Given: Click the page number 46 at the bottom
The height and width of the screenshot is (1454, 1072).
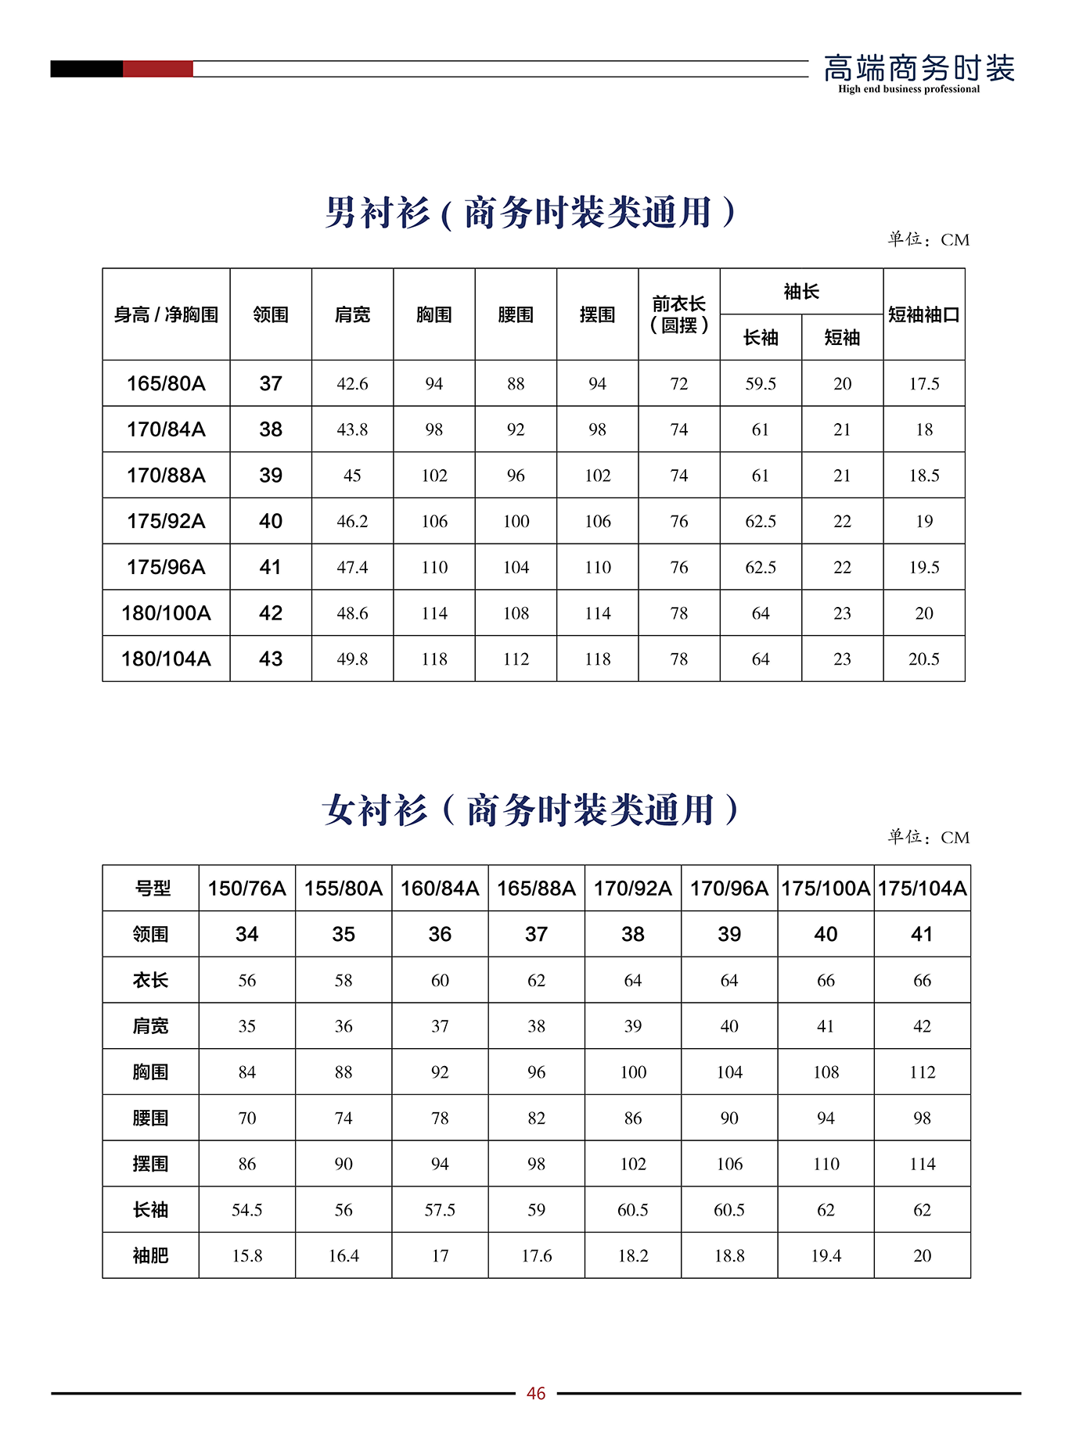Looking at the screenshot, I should [x=536, y=1393].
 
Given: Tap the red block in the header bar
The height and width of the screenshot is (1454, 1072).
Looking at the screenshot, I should [x=157, y=69].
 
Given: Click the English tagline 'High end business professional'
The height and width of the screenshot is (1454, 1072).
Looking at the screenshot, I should [x=908, y=89].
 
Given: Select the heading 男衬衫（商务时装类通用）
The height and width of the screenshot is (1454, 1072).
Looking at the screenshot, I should [x=531, y=213].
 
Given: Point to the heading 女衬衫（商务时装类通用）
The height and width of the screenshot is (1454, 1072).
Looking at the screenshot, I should [x=531, y=810].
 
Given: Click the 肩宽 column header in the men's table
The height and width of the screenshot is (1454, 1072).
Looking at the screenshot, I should [x=352, y=314].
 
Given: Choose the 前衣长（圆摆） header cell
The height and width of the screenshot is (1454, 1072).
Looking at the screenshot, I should [x=678, y=314].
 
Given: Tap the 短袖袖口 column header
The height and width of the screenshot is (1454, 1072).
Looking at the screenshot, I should [x=923, y=314].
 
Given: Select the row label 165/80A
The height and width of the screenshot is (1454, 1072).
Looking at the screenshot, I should [x=166, y=383].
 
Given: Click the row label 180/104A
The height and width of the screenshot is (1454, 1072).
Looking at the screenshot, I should [x=166, y=659].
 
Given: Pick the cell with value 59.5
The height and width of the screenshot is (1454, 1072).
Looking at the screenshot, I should [x=761, y=383].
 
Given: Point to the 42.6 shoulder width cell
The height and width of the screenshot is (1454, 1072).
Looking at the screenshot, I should [x=352, y=383].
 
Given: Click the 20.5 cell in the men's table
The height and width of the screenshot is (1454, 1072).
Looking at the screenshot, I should [x=923, y=659].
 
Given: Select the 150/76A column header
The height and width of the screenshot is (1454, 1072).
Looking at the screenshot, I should [x=246, y=889].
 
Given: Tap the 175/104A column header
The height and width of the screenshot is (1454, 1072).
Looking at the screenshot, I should [x=922, y=889].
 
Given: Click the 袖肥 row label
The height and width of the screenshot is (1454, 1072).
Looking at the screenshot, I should [x=150, y=1255].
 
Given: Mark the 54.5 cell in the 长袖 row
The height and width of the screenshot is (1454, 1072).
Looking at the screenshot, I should [x=246, y=1210].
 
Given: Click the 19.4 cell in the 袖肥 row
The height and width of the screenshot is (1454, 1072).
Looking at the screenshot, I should [x=826, y=1255].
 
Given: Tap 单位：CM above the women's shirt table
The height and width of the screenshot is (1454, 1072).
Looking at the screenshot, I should [x=928, y=838].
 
